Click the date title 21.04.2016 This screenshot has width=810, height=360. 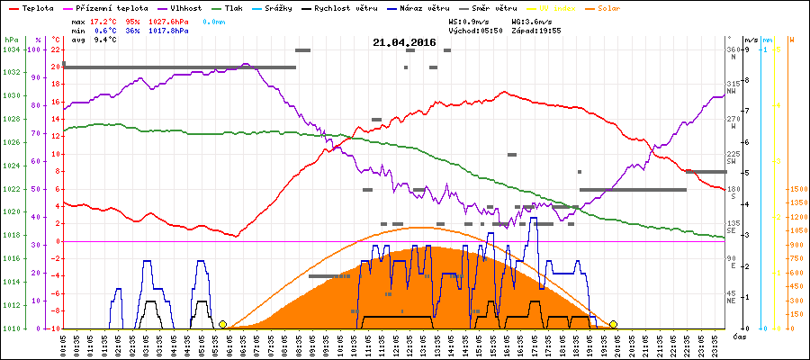404,42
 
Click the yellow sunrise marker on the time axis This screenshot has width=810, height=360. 222,324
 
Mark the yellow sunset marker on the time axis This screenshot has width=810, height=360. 613,324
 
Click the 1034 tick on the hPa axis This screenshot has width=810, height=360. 11,49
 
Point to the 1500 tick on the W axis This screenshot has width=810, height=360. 796,189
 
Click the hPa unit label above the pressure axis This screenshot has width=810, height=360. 10,40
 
